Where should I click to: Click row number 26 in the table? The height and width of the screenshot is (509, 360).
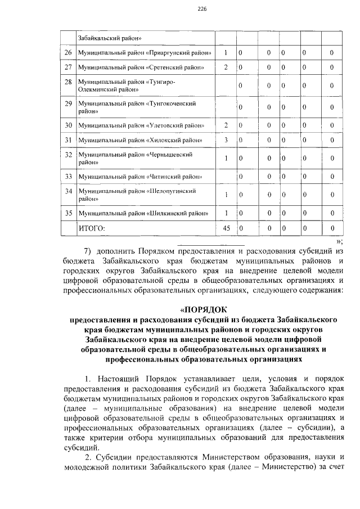68,53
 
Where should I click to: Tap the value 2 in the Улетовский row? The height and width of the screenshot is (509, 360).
225,125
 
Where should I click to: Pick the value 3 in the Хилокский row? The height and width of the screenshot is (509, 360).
225,139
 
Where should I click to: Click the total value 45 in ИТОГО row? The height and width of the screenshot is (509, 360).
226,228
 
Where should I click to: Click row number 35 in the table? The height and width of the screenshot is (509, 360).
68,214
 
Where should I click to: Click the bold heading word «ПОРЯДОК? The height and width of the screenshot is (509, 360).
203,309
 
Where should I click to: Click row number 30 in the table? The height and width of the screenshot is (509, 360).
68,125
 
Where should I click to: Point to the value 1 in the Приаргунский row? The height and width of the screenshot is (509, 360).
225,53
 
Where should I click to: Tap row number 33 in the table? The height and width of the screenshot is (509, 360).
68,177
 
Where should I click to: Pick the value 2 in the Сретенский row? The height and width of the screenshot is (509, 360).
225,67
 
